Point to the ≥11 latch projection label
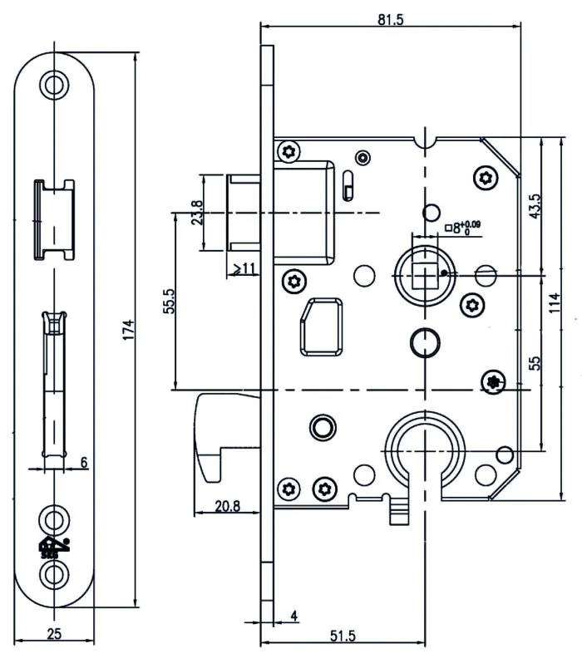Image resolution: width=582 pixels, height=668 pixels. coord(244,268)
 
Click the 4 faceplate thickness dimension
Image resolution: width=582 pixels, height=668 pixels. coord(294,616)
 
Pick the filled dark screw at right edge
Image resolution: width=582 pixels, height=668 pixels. coord(494,381)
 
